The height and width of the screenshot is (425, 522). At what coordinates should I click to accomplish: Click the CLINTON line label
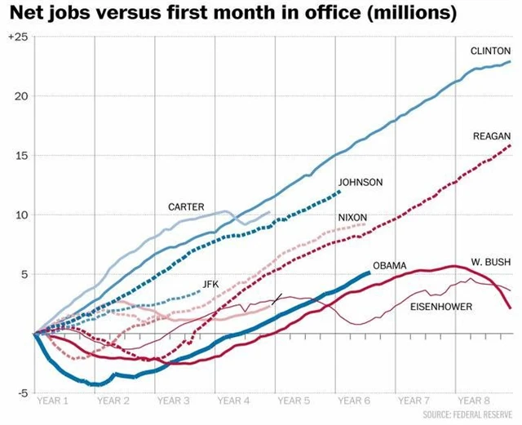coord(490,51)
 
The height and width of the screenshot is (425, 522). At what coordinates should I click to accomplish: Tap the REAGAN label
coord(492,136)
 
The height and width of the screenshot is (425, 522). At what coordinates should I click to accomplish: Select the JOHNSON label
coord(360,182)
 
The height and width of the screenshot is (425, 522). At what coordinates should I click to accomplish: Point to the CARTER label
coord(186,207)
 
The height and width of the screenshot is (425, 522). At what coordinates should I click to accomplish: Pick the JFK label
coord(210,283)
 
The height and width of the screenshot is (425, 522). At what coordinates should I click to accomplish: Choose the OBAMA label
coord(389,266)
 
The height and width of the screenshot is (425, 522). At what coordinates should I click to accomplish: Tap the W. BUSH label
coord(491,263)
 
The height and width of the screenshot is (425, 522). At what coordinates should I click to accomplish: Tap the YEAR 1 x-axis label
coord(54,401)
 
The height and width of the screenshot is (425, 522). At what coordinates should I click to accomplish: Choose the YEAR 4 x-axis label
coord(234,401)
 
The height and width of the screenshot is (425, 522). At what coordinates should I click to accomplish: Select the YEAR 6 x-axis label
coord(355,401)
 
